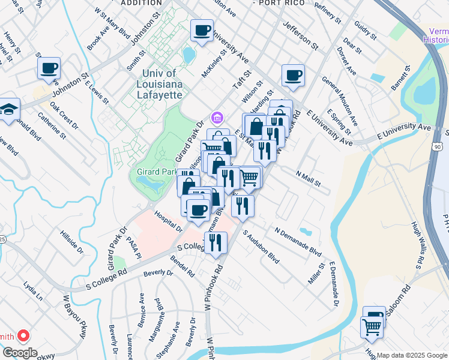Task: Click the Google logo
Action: [20, 352]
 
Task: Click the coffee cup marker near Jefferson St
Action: [293, 76]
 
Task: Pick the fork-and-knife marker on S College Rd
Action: [215, 242]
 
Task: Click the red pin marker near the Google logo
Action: [23, 335]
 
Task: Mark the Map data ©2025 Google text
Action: [412, 355]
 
